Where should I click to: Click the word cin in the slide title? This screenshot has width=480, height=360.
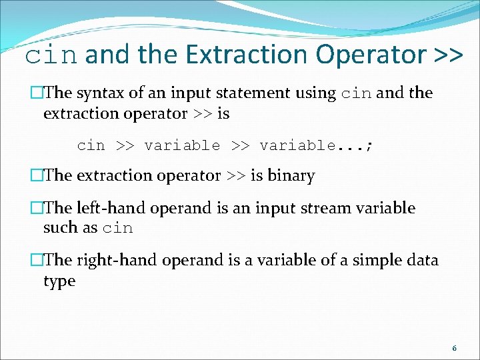point(52,55)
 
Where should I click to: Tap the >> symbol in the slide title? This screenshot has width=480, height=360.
point(447,55)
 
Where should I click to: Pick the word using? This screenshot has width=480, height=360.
point(315,93)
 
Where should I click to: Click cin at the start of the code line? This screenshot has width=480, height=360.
point(91,145)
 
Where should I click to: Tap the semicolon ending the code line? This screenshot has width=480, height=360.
point(369,145)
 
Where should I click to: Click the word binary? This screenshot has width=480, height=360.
point(291,175)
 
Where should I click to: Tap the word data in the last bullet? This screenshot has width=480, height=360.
point(422,260)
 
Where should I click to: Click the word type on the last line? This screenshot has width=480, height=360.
point(59,281)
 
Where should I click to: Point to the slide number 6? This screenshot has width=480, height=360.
point(454,348)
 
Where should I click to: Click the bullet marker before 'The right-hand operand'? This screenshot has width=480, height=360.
point(37,260)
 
